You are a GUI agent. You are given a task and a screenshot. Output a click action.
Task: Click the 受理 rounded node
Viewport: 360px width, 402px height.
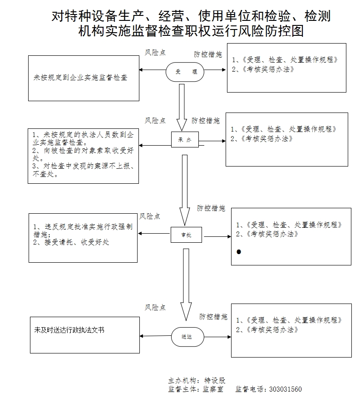click(x=185, y=72)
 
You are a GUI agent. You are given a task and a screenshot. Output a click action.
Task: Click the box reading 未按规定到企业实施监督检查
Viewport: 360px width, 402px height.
click(x=84, y=78)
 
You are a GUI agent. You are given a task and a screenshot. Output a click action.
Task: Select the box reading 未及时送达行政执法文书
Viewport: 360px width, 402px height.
click(x=85, y=335)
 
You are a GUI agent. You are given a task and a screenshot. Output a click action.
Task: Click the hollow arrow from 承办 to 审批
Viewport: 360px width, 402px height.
click(x=184, y=189)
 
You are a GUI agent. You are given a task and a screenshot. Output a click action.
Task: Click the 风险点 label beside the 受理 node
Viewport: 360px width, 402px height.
click(x=155, y=53)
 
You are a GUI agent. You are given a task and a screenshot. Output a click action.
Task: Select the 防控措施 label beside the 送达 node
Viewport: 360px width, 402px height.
click(x=213, y=317)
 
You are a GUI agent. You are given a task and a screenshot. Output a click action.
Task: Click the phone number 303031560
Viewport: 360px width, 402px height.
click(x=285, y=389)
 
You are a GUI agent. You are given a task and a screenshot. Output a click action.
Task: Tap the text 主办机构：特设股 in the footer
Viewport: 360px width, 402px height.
click(x=197, y=381)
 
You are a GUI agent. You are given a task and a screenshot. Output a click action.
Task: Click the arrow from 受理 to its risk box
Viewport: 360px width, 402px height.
click(x=152, y=70)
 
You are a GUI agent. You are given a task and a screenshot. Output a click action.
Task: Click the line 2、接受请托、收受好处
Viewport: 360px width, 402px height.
click(x=71, y=242)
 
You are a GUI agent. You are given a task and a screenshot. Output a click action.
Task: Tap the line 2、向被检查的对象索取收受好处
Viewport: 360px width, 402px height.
click(x=84, y=154)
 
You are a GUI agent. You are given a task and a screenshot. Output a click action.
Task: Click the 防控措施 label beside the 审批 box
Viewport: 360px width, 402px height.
click(x=211, y=208)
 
